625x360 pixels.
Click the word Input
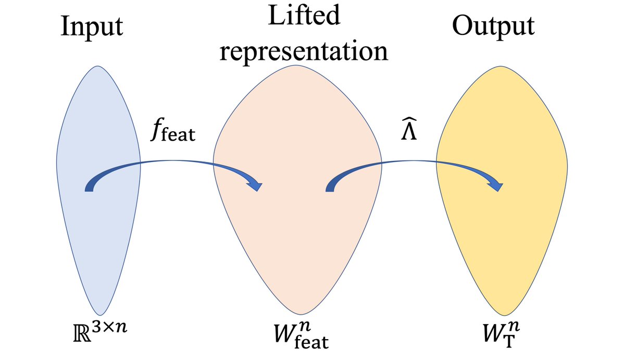pyautogui.click(x=92, y=27)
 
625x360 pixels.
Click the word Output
pyautogui.click(x=493, y=27)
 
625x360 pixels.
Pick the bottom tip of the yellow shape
pyautogui.click(x=503, y=315)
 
